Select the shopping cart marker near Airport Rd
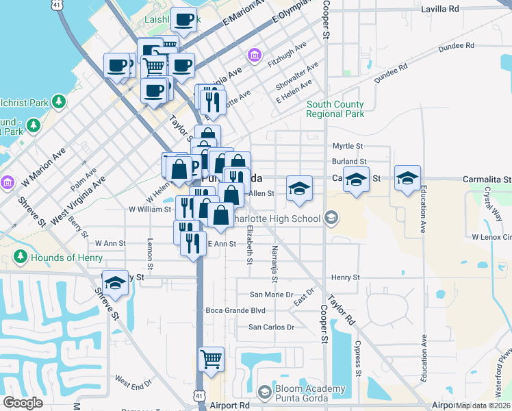pyautogui.click(x=212, y=358)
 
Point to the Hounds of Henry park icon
pyautogui.click(x=20, y=258)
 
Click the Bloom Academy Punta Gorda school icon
pyautogui.click(x=264, y=393)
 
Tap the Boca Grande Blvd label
pyautogui.click(x=235, y=310)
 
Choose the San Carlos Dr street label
pyautogui.click(x=271, y=327)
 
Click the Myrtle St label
pyautogui.click(x=347, y=147)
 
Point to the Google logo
pyautogui.click(x=23, y=403)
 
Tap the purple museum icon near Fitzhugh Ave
pyautogui.click(x=255, y=54)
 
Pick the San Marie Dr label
pyautogui.click(x=271, y=295)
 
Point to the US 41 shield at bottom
pyautogui.click(x=198, y=396)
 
